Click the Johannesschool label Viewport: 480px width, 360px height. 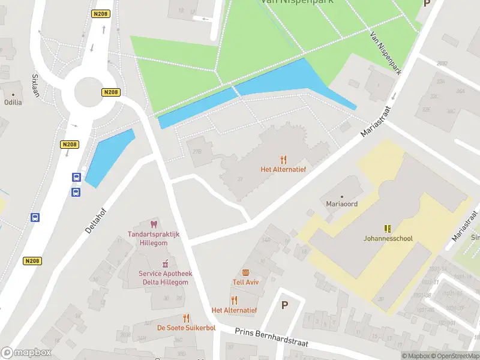tap(388, 238)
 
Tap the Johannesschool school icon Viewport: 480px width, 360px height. tap(388, 229)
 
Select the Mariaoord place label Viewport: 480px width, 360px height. tap(342, 205)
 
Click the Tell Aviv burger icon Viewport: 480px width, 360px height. tap(245, 272)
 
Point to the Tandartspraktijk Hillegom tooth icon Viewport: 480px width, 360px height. tap(154, 224)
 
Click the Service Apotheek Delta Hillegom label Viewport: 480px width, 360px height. tap(165, 277)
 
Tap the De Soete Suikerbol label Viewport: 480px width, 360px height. tap(186, 328)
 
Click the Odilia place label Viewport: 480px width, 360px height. tap(13, 102)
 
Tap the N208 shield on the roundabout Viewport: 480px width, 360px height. tap(111, 92)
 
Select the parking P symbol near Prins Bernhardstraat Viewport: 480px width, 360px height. tap(285, 305)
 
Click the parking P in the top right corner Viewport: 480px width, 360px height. tap(427, 3)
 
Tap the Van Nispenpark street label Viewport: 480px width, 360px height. tap(385, 53)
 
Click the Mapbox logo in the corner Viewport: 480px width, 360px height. tap(25, 353)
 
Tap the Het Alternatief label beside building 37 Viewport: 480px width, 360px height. tap(283, 169)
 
